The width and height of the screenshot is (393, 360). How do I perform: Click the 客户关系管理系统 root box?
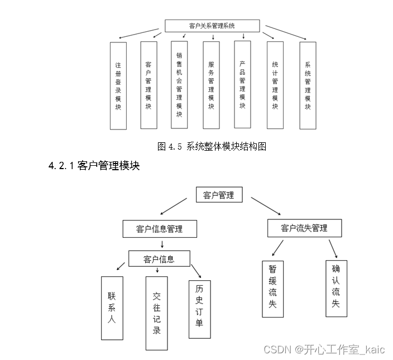212,26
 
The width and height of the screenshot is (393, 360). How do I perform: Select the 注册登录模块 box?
118,86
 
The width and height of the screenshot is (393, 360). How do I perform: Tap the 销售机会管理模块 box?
179,85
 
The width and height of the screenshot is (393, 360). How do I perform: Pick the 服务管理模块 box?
211,85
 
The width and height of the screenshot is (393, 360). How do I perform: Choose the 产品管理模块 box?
242,84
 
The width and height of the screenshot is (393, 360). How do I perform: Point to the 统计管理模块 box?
275,85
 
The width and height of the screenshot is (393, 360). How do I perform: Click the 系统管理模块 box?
308,85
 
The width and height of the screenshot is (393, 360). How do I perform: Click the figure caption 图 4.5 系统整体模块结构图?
212,146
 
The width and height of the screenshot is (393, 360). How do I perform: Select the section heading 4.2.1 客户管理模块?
94,166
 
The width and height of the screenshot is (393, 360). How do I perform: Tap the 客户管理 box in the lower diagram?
219,194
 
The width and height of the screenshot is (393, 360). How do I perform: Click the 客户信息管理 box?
160,229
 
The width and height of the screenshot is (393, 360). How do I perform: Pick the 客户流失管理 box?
305,228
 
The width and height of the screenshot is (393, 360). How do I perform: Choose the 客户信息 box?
159,258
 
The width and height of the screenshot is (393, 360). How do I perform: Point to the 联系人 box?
112,308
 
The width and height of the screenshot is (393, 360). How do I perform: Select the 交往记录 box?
157,313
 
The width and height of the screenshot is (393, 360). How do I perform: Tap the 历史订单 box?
199,309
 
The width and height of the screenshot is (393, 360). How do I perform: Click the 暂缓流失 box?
272,289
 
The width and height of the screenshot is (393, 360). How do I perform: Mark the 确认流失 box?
337,289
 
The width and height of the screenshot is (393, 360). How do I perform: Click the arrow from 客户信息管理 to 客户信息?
162,244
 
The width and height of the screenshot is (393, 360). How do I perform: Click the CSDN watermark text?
324,349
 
